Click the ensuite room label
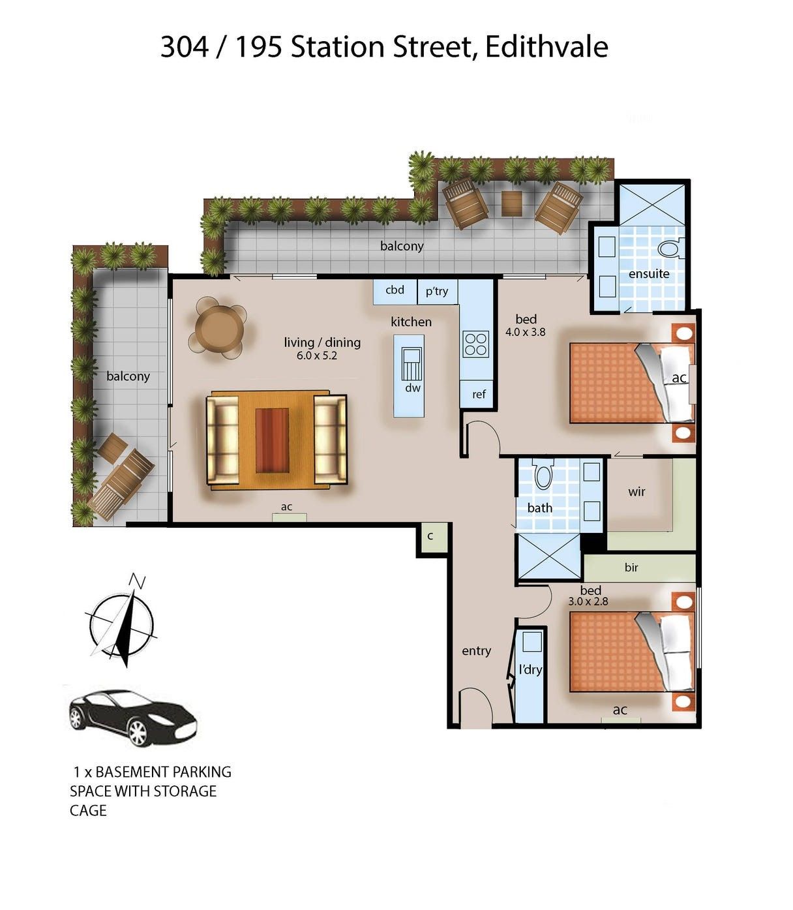(x=648, y=273)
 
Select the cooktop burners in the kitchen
(x=475, y=344)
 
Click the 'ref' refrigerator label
(x=479, y=394)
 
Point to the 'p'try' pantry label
(x=437, y=292)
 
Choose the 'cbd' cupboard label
(x=395, y=290)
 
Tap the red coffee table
(x=271, y=440)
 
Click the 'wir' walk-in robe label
(x=636, y=492)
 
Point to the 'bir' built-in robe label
(x=631, y=567)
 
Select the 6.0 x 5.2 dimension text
(x=316, y=356)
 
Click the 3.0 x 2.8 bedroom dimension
(x=588, y=601)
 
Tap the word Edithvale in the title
(x=546, y=47)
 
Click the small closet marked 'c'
(x=430, y=536)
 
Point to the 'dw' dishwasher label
(x=413, y=388)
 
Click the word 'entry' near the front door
(x=476, y=651)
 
